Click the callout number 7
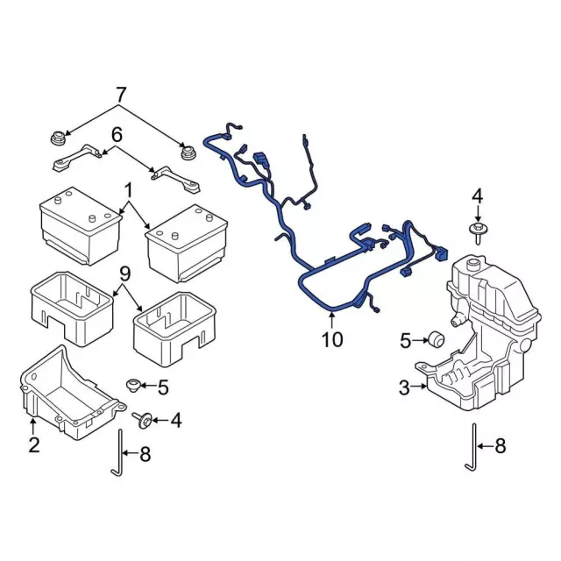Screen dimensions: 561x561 pyautogui.click(x=121, y=95)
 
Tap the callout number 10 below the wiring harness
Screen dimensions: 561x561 pyautogui.click(x=332, y=339)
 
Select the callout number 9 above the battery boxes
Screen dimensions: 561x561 pyautogui.click(x=125, y=274)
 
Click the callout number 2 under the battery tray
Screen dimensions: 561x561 pyautogui.click(x=34, y=444)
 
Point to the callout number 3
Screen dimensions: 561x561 pyautogui.click(x=404, y=387)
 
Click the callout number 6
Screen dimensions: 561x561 pyautogui.click(x=117, y=135)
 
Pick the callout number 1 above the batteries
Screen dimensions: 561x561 pyautogui.click(x=128, y=191)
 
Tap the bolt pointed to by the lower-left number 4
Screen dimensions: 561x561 pyautogui.click(x=143, y=420)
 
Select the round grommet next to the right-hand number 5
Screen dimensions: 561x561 pyautogui.click(x=437, y=339)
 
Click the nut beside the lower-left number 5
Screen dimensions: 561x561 pyautogui.click(x=133, y=386)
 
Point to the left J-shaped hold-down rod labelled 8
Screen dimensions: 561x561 pyautogui.click(x=119, y=453)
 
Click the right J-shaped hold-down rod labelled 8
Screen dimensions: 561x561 pyautogui.click(x=473, y=447)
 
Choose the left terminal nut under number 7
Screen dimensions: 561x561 pyautogui.click(x=57, y=138)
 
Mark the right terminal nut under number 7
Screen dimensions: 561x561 pyautogui.click(x=187, y=153)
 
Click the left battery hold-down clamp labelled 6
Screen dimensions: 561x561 pyautogui.click(x=77, y=158)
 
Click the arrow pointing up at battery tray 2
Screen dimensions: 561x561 pyautogui.click(x=33, y=426)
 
